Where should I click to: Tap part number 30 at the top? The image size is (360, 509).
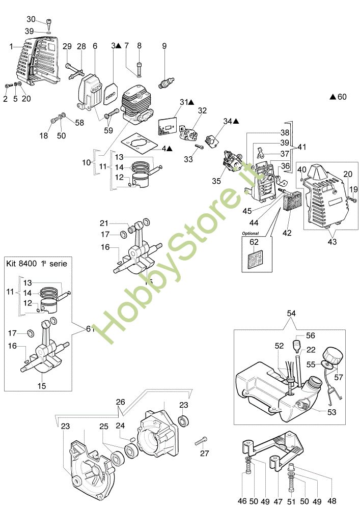31,19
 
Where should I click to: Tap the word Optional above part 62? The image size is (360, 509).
251,233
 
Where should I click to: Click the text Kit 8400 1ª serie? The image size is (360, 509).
37,263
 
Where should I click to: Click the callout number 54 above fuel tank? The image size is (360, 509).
291,313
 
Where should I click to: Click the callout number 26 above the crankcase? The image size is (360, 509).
121,402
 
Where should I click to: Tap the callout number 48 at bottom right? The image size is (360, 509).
332,501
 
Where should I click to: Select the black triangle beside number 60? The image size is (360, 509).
333,97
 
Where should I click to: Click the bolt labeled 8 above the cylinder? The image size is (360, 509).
139,68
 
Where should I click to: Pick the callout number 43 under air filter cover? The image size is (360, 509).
332,241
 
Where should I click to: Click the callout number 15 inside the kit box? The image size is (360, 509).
42,386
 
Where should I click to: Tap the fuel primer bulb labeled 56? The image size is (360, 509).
296,346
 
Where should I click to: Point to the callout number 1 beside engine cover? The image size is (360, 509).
11,46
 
